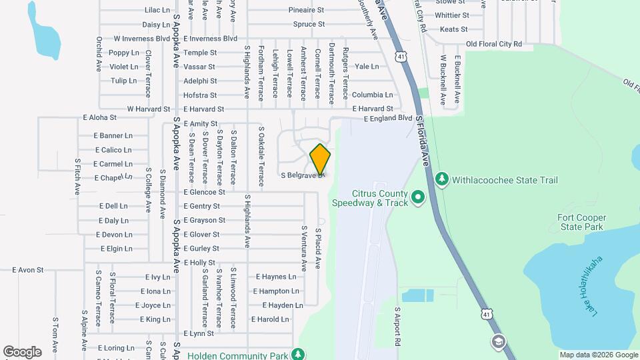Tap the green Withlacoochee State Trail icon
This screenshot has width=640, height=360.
[441, 179]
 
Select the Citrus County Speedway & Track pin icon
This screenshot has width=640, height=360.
[418, 197]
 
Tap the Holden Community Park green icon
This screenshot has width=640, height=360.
[299, 354]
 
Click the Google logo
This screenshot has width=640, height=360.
[22, 351]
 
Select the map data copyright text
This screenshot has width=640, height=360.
[598, 355]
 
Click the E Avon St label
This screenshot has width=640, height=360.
[28, 270]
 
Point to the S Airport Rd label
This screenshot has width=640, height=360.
[397, 326]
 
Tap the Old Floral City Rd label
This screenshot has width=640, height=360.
[494, 44]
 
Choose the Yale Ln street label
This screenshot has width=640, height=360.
[367, 67]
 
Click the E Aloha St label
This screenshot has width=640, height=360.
[99, 117]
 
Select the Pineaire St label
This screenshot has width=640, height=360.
[306, 10]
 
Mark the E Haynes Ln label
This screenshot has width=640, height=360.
[276, 277]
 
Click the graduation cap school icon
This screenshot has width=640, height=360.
[497, 343]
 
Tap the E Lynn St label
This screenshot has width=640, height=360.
[198, 333]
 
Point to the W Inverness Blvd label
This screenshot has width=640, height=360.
[142, 39]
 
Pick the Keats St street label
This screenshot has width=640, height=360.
[454, 29]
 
